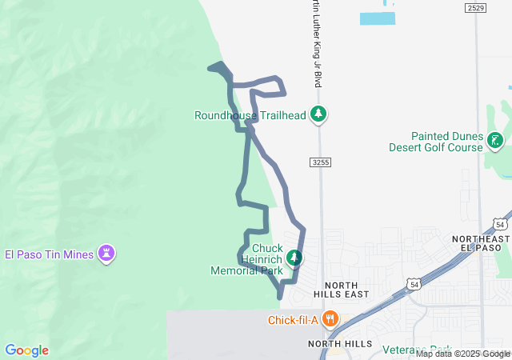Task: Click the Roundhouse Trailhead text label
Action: [x=250, y=115]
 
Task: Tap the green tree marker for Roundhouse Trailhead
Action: [x=318, y=114]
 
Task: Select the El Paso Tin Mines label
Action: [x=50, y=255]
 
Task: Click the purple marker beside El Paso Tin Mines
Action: [x=106, y=254]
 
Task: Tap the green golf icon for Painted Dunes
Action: [x=495, y=142]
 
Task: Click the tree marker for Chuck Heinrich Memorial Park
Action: [x=295, y=258]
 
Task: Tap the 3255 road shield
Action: [x=320, y=162]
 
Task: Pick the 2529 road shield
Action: [x=475, y=8]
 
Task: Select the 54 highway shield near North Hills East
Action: [x=413, y=284]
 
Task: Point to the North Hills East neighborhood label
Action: [x=346, y=289]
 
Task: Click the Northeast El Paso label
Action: [x=480, y=244]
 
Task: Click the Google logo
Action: [x=26, y=350]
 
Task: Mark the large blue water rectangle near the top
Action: [x=377, y=18]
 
